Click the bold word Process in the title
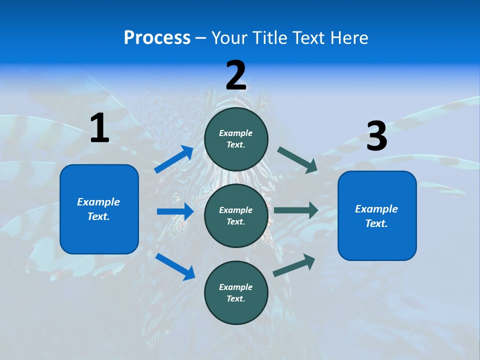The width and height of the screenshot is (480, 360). coord(157,38)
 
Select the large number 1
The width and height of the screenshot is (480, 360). coord(99,128)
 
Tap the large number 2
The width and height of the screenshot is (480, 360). coord(236,75)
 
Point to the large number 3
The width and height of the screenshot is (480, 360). coord(376,136)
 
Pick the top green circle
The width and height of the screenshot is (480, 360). coord(236,139)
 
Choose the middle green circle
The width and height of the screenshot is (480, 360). coord(236,215)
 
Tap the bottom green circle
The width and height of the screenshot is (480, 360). coord(236,292)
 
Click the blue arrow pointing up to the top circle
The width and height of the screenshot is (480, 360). coord(173,159)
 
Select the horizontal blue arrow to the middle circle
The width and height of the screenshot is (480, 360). coord(175,211)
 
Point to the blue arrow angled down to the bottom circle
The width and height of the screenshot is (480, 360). coord(175,266)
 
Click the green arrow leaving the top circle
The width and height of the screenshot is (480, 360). coord(297,159)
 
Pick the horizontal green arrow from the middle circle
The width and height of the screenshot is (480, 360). coord(296,210)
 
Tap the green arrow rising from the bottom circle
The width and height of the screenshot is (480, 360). coord(294,265)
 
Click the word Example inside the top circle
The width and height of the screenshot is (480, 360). coord(236,133)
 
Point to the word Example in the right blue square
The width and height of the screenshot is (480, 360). coord(376,209)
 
